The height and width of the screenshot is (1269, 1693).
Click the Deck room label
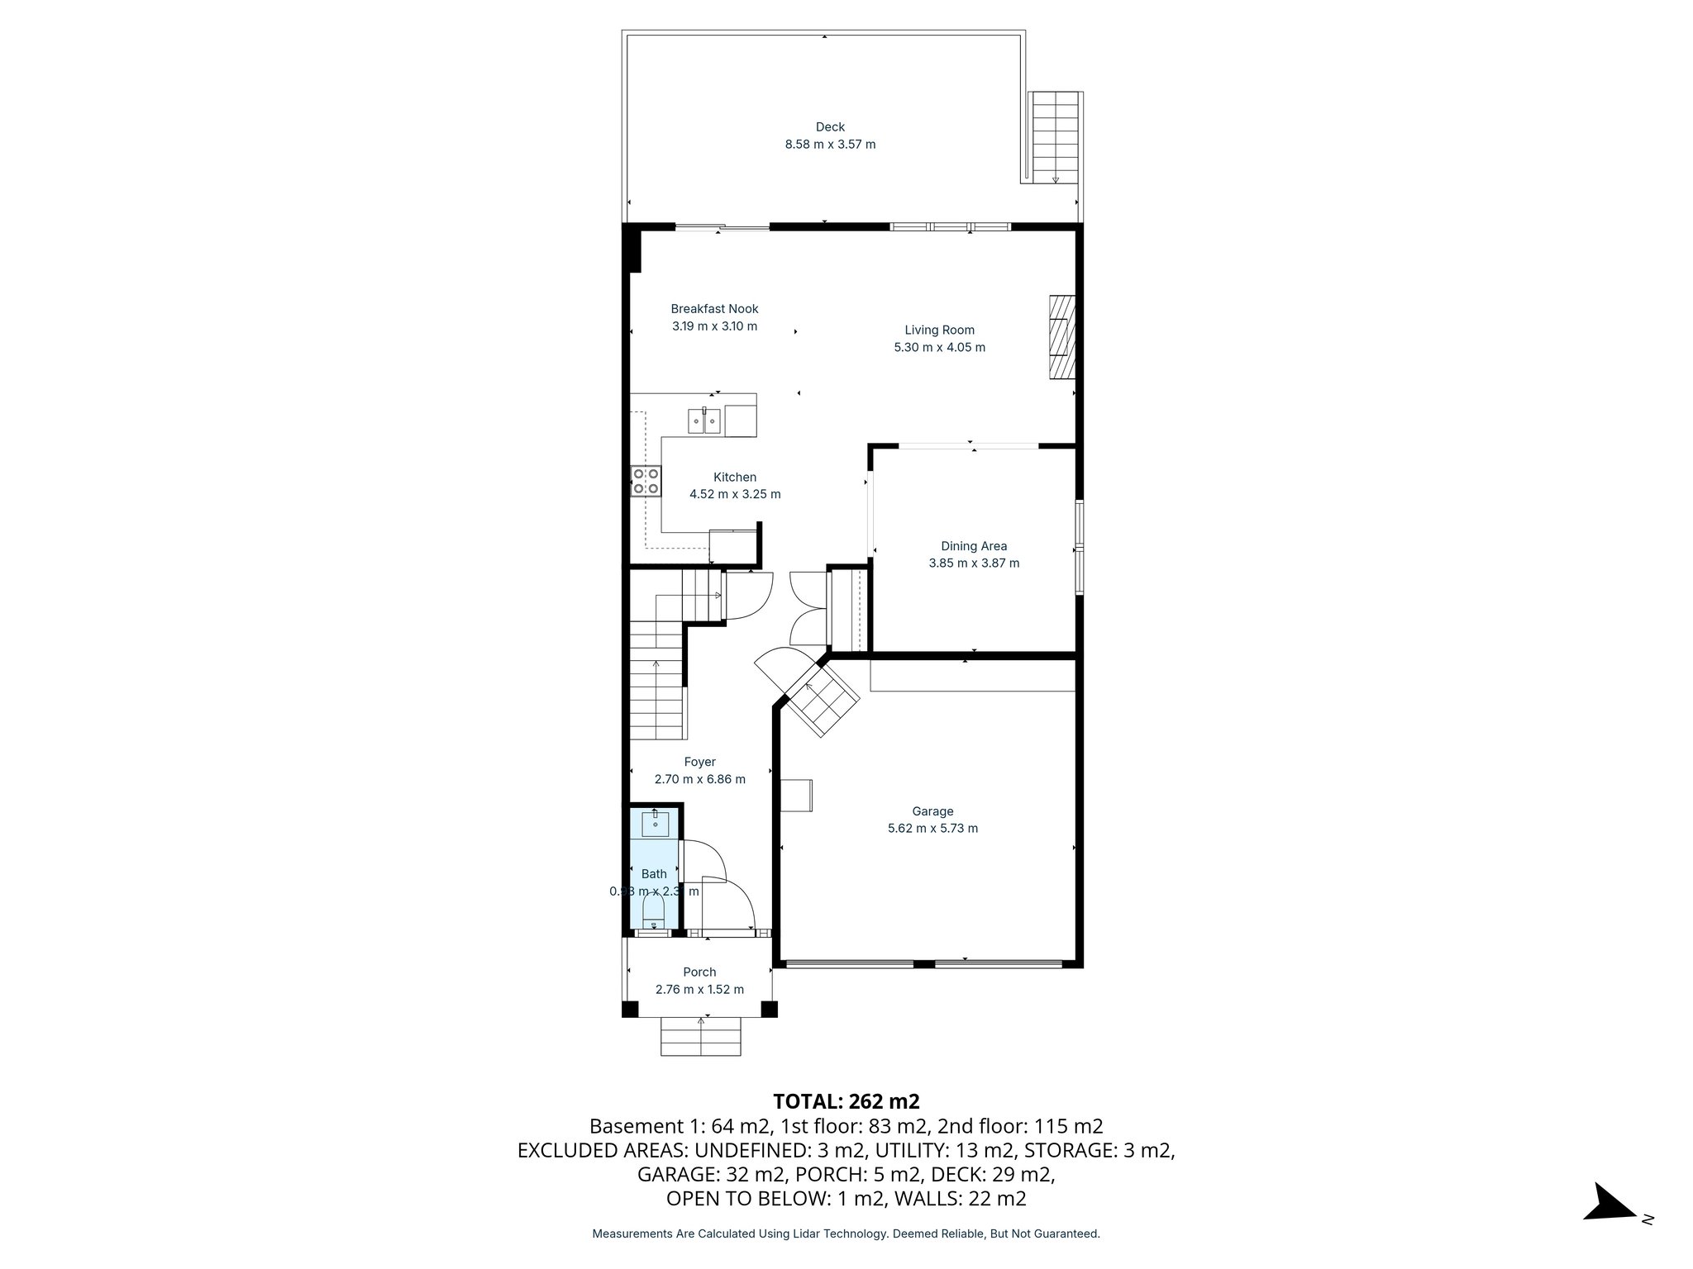pos(830,126)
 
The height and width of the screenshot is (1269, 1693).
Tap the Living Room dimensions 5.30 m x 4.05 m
pos(939,348)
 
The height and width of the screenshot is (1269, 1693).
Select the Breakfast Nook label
pos(714,309)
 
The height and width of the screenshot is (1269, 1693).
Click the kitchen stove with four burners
pos(646,481)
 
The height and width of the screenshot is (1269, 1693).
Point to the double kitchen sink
pos(704,421)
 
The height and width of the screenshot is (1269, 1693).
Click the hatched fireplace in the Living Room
pos(1061,336)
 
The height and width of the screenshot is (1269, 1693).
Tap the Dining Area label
pos(974,546)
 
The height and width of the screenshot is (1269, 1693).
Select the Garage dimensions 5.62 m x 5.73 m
pos(932,829)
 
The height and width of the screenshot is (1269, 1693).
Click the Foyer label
pos(699,762)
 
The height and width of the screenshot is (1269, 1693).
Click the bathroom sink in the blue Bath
pos(656,824)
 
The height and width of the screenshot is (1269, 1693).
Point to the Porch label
pos(699,972)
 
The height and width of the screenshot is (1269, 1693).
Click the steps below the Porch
pos(700,1037)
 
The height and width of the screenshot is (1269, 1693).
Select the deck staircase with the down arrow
pos(1055,137)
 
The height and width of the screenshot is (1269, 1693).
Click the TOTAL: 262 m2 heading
pos(846,1101)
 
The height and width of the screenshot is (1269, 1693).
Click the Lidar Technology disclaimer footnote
pos(846,1234)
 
